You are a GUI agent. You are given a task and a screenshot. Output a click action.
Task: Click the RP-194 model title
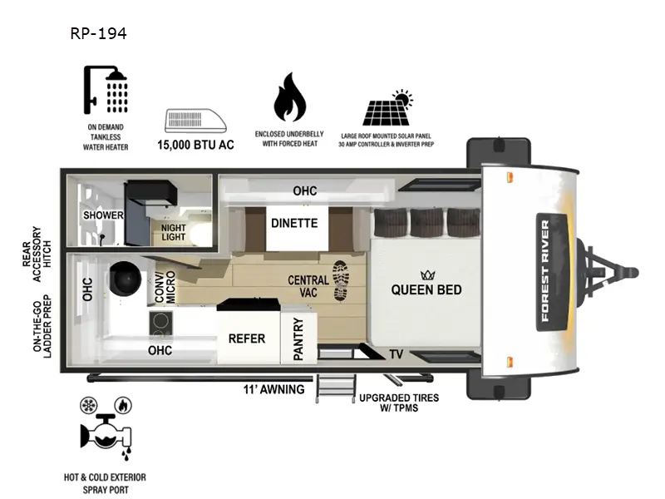click(x=98, y=35)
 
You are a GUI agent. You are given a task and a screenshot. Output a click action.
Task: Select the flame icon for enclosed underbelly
click(x=290, y=98)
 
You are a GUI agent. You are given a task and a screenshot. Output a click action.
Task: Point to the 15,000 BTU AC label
click(x=196, y=145)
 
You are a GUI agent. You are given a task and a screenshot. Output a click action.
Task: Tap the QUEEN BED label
click(x=427, y=290)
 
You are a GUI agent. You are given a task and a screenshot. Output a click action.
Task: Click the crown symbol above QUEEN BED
click(x=428, y=274)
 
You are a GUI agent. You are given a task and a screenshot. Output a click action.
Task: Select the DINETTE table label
click(x=293, y=223)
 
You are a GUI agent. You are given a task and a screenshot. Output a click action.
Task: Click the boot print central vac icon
click(x=341, y=281)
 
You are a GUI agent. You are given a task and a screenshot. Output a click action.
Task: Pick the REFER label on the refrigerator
click(x=247, y=338)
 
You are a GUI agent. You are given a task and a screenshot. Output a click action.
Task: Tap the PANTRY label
click(x=298, y=339)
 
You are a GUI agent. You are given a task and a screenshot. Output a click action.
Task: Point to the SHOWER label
click(x=103, y=215)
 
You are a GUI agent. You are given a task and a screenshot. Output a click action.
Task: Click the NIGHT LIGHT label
click(x=173, y=231)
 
